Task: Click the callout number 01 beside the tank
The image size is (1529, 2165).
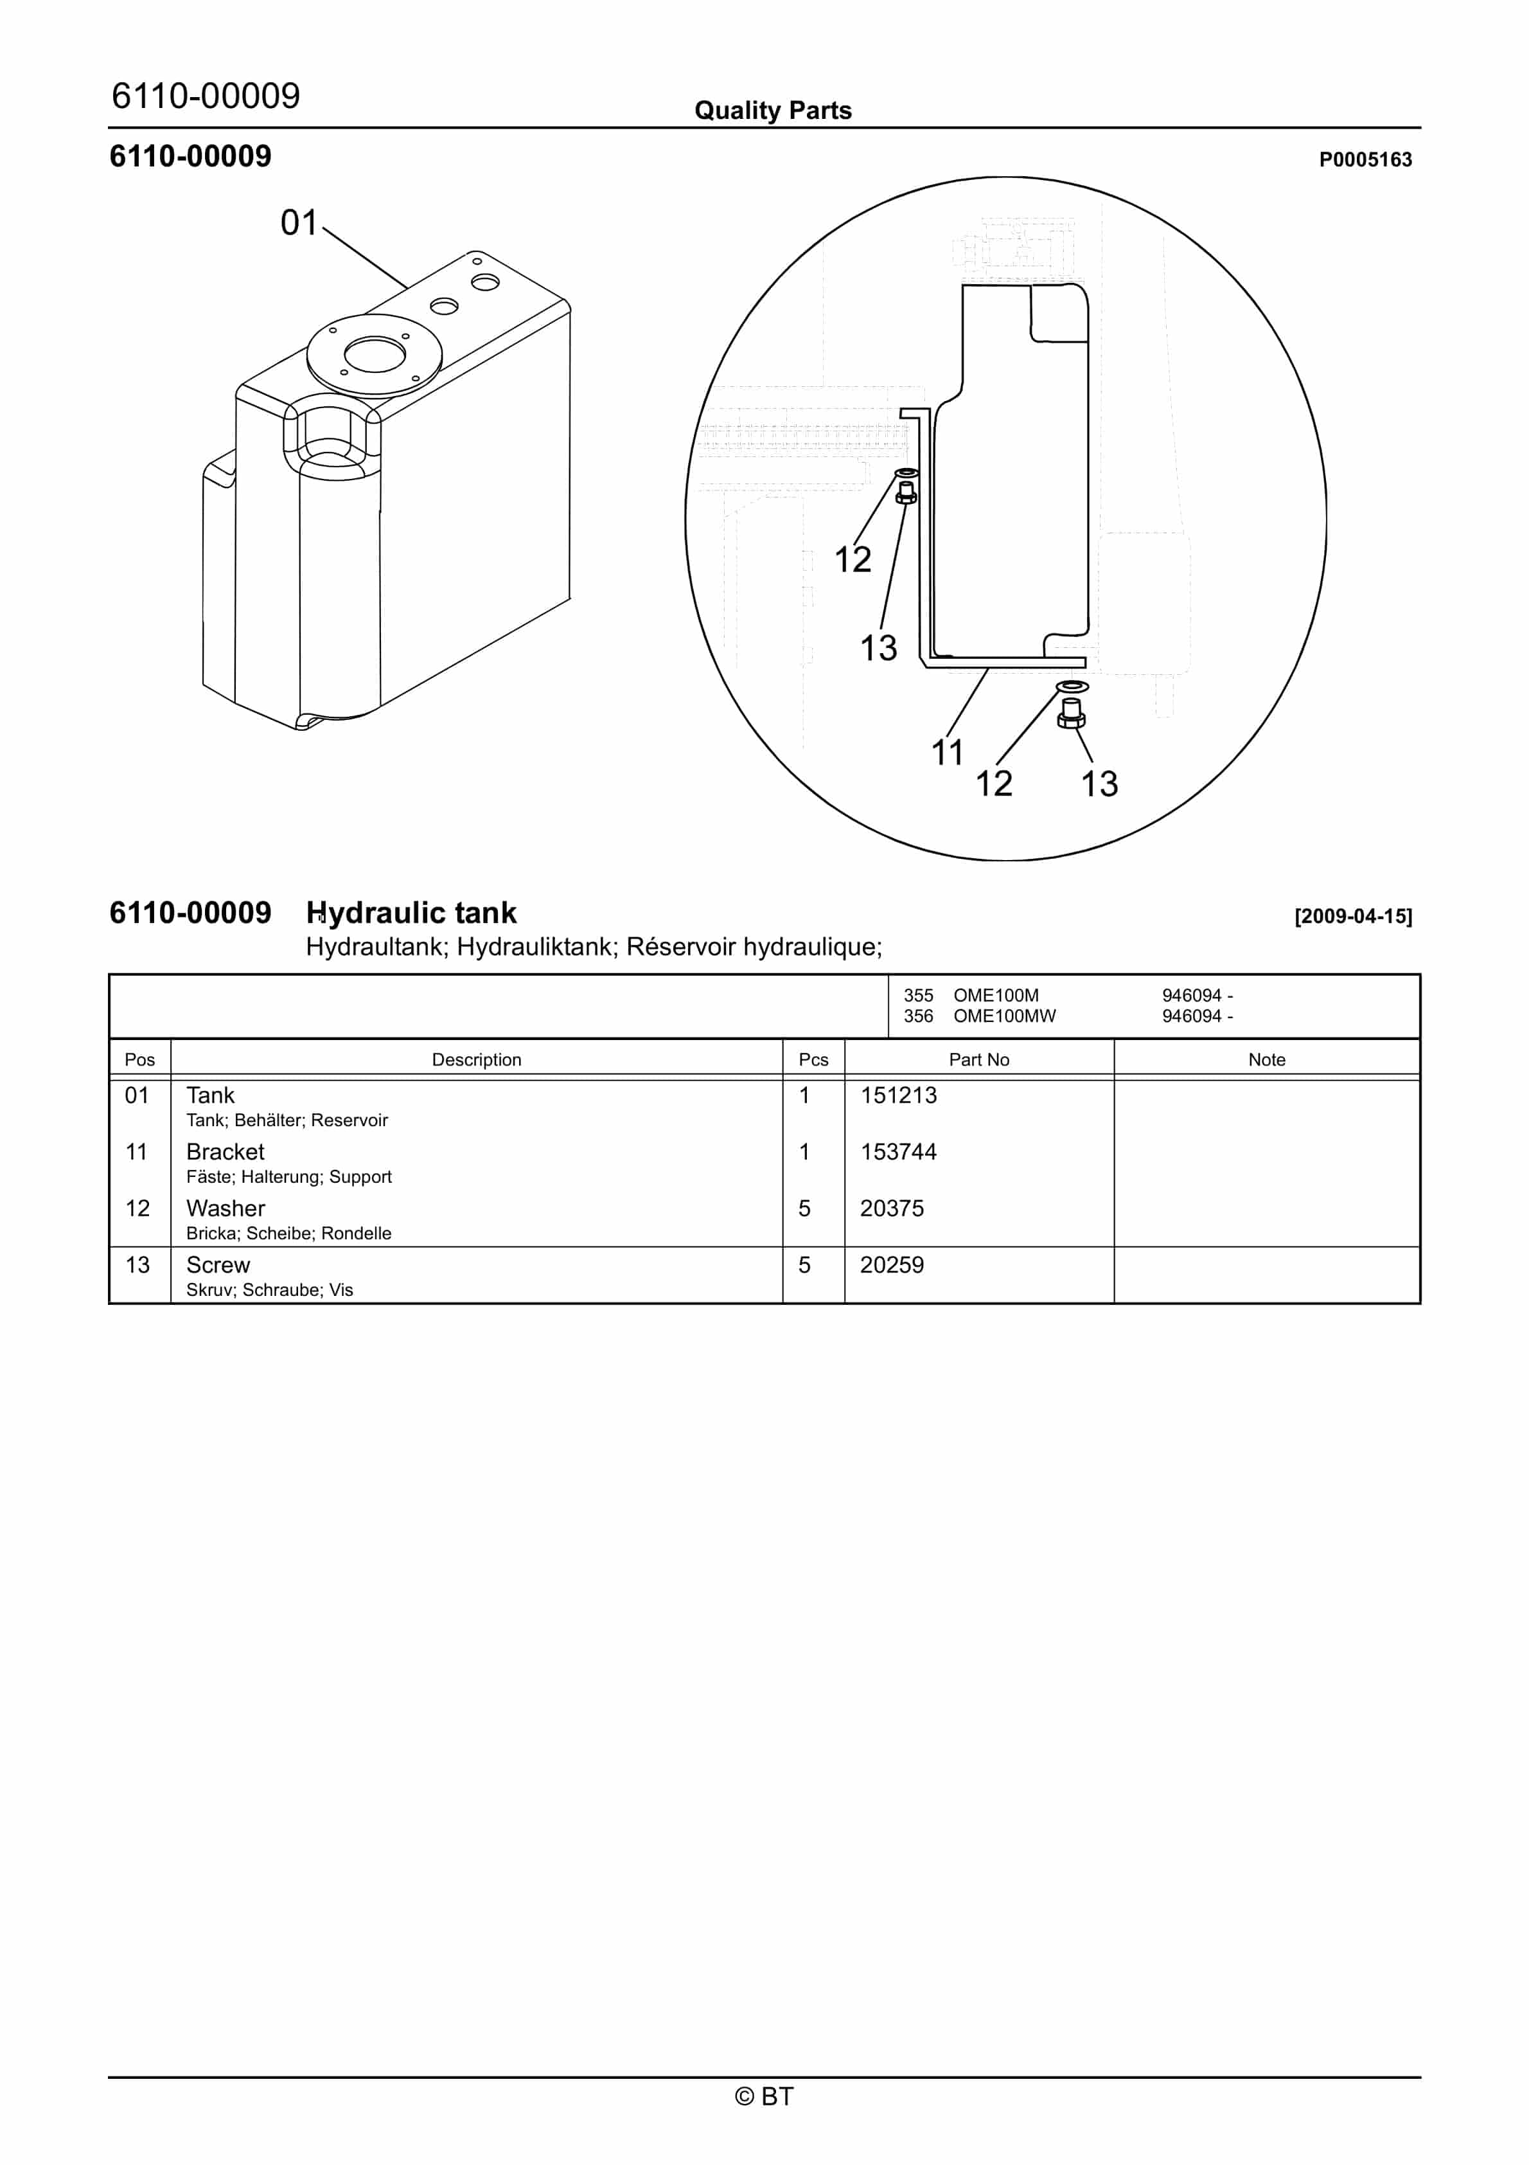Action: pyautogui.click(x=299, y=224)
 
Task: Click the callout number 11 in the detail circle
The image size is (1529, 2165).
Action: pyautogui.click(x=948, y=753)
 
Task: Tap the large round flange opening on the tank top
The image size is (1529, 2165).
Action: pyautogui.click(x=375, y=355)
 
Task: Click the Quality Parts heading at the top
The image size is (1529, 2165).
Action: pyautogui.click(x=773, y=111)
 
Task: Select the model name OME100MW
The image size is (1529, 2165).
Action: pyautogui.click(x=1004, y=1016)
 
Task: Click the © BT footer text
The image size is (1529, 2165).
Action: pyautogui.click(x=765, y=2096)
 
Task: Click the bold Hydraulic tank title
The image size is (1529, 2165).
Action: pyautogui.click(x=411, y=913)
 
